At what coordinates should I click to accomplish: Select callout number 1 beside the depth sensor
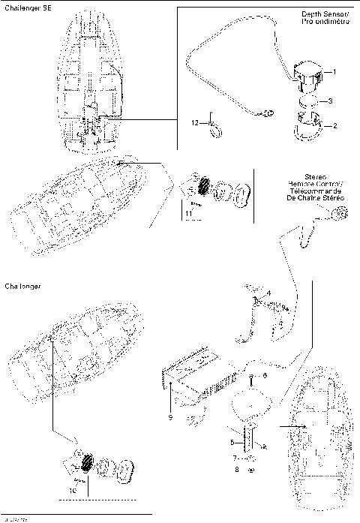coord(334,72)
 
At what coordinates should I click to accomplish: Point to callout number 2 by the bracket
coord(334,125)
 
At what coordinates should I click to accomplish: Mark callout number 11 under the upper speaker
coord(188,213)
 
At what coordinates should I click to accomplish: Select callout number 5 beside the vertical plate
coord(232,443)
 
